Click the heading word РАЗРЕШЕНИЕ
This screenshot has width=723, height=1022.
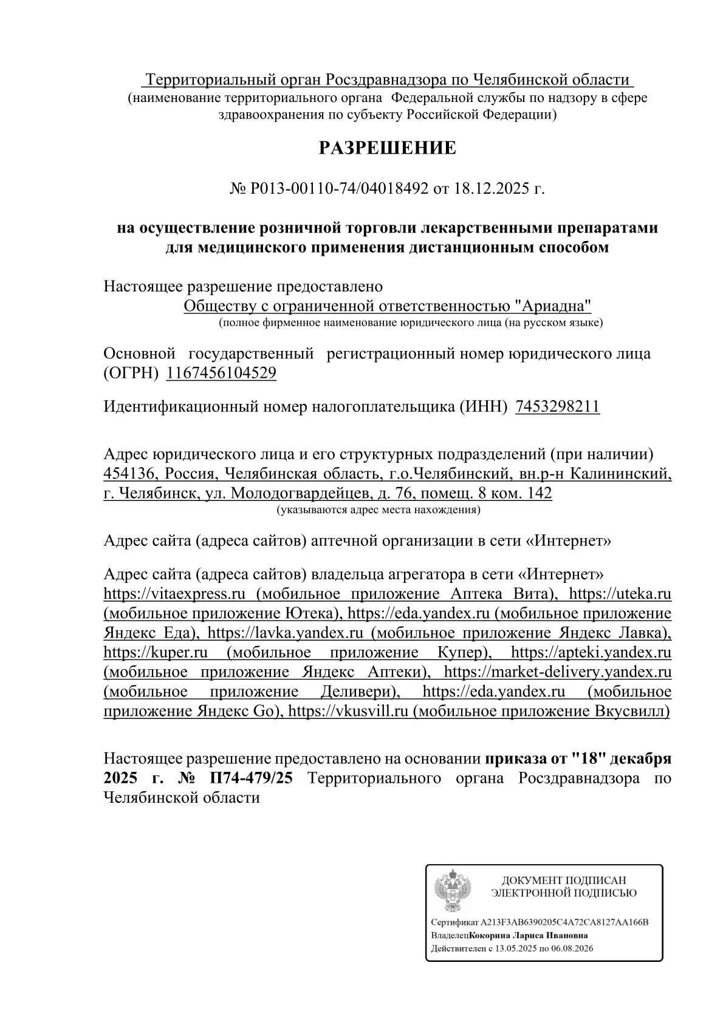388,148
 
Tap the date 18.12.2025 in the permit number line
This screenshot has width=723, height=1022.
490,189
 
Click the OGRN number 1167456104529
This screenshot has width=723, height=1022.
221,373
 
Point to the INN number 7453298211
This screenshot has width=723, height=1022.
557,406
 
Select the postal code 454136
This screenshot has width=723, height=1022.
126,473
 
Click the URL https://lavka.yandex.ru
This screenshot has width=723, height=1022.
286,633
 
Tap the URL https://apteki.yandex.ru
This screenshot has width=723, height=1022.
591,652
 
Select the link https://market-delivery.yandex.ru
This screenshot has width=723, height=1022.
558,672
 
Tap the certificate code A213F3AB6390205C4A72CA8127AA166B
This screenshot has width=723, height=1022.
564,922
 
